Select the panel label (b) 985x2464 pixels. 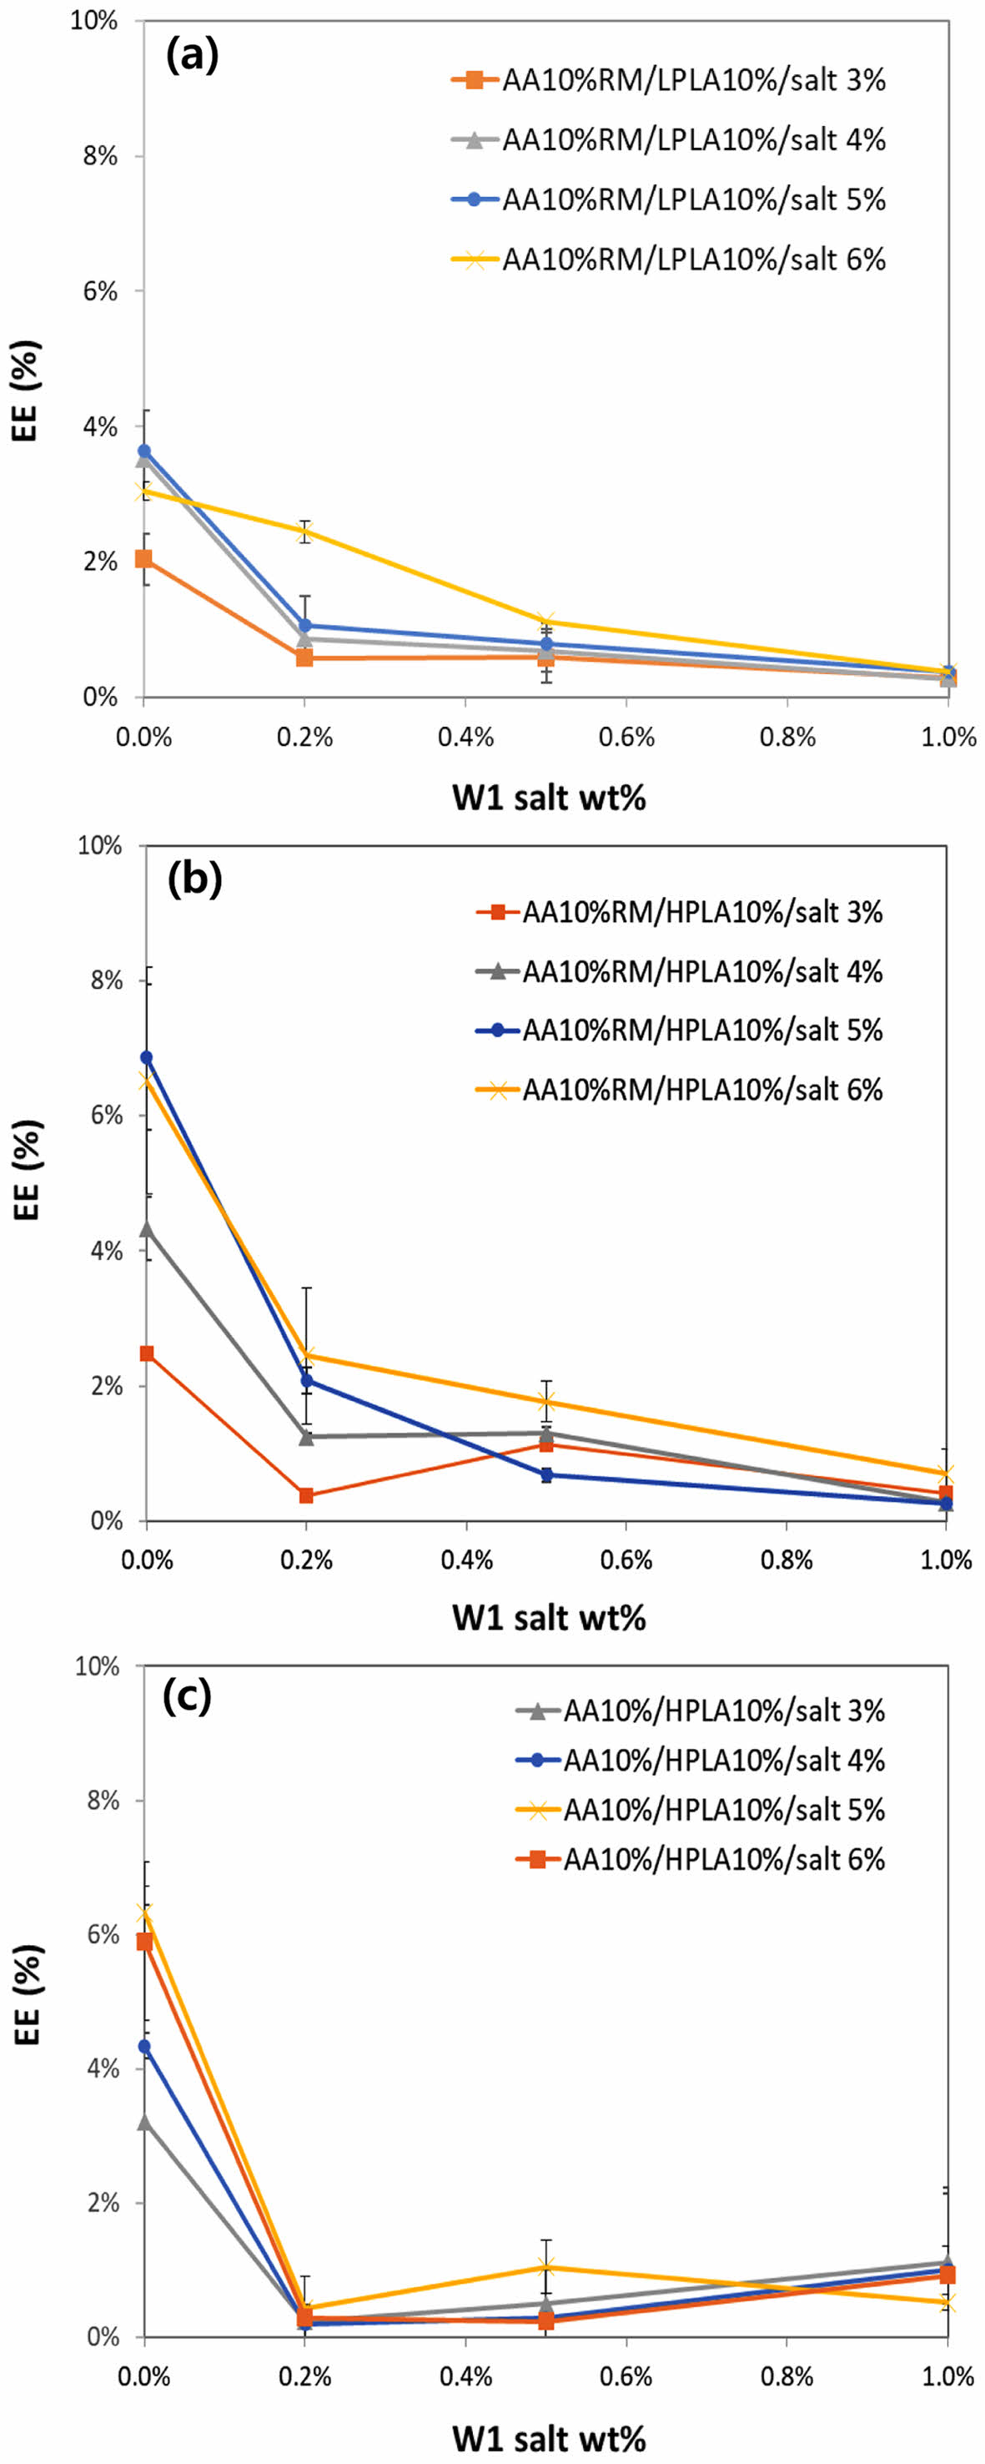(x=194, y=878)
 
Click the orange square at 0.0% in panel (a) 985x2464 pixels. (x=143, y=558)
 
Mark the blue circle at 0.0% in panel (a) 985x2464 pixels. (x=143, y=451)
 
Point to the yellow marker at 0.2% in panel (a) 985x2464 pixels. (x=305, y=532)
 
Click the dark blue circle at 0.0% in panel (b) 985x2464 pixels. (x=146, y=1057)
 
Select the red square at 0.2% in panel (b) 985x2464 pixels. (x=306, y=1495)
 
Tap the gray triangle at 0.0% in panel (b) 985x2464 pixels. (x=146, y=1228)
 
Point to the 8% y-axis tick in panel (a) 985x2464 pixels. (x=99, y=156)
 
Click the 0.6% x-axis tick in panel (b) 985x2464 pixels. (x=626, y=1560)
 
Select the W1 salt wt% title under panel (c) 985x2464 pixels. (x=549, y=2438)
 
